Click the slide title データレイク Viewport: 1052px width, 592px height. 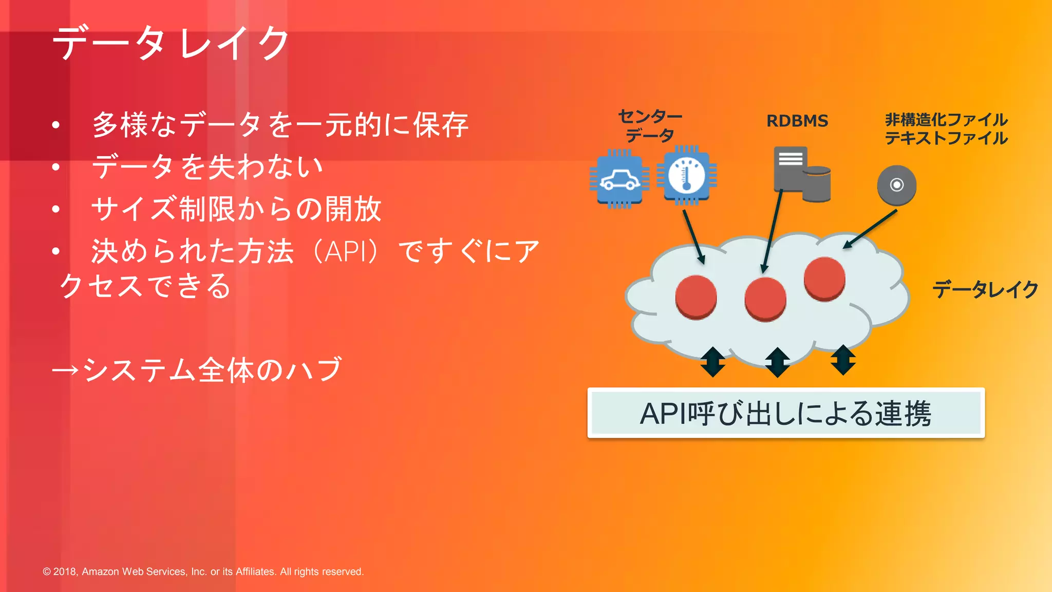[x=171, y=43]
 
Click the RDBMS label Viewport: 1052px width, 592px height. [x=797, y=121]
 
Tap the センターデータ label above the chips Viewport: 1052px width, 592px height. [x=650, y=126]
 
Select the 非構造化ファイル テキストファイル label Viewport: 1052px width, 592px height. [x=946, y=129]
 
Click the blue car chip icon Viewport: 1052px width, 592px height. [x=619, y=179]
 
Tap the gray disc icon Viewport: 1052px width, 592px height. [x=896, y=185]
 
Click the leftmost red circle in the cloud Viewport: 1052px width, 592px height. [x=696, y=297]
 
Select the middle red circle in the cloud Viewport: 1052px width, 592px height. [x=765, y=299]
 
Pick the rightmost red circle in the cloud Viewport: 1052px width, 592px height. [x=824, y=278]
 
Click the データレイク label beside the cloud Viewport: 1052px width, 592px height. [x=985, y=290]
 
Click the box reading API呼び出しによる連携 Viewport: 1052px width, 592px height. [x=785, y=413]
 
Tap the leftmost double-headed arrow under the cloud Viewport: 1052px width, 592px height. [x=713, y=362]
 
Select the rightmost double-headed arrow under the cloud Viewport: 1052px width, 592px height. [x=843, y=360]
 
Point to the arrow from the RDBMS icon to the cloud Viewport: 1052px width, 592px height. [x=772, y=231]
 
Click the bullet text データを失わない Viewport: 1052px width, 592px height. [x=207, y=167]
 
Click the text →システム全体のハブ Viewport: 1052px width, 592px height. [x=197, y=369]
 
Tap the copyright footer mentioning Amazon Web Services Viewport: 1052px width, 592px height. [x=203, y=571]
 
